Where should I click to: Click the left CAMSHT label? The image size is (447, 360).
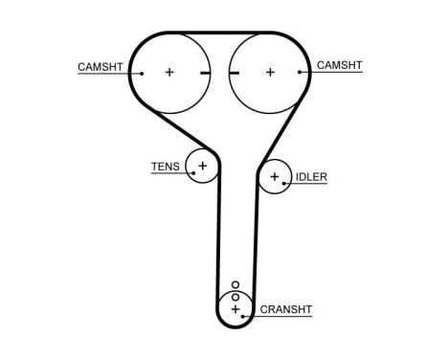(101, 66)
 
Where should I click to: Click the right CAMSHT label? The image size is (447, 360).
(339, 65)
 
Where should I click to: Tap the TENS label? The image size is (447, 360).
(166, 167)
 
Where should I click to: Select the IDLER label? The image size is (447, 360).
(311, 177)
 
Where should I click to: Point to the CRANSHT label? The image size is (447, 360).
(285, 308)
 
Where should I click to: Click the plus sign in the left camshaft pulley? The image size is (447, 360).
(169, 72)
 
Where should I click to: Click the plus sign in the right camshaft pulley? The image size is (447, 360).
(270, 72)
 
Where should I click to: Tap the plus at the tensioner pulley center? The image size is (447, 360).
(202, 165)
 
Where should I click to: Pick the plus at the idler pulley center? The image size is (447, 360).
(275, 176)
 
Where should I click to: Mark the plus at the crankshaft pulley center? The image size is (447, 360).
(235, 308)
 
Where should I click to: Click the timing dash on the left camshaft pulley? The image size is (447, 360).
(200, 72)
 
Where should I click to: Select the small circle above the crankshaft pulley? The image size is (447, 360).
(235, 284)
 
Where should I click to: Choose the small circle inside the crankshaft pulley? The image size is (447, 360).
(235, 297)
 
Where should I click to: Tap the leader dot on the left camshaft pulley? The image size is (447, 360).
(141, 73)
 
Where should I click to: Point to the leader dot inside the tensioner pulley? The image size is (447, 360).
(195, 172)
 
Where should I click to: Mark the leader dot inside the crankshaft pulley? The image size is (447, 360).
(244, 313)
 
